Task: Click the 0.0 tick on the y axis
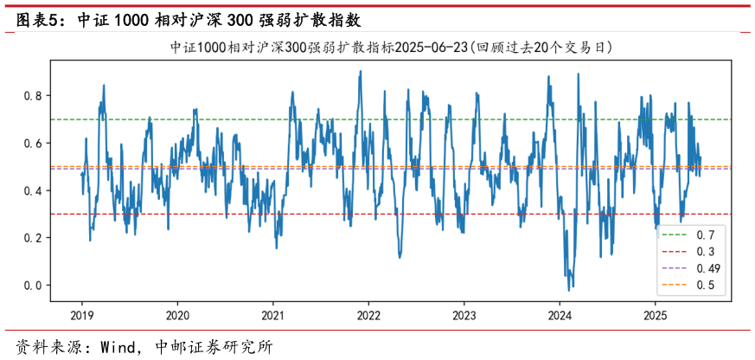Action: pos(33,286)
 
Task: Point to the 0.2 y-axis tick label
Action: pos(33,238)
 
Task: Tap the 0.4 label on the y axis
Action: pos(33,190)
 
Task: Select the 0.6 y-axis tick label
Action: pos(33,143)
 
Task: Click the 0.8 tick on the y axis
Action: pos(33,95)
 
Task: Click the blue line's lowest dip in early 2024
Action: pos(569,290)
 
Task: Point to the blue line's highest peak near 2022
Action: pos(360,72)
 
